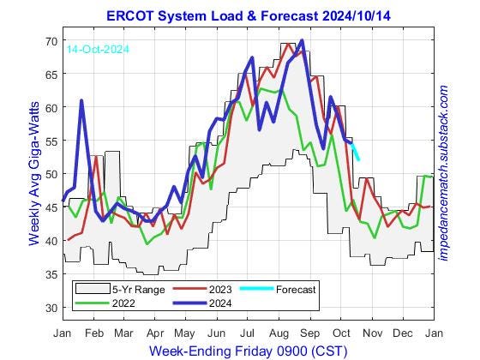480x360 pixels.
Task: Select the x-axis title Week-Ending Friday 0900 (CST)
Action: (x=249, y=351)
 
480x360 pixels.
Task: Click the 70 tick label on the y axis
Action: (x=51, y=41)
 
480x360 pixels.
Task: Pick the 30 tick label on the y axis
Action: (x=51, y=308)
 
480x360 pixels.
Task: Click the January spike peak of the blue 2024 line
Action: (x=81, y=101)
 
